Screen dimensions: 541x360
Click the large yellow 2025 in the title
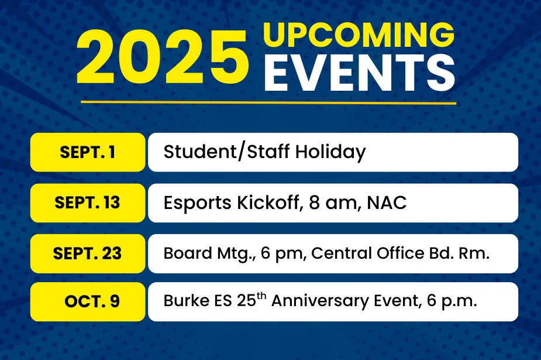162,57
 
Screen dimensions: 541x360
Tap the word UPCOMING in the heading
359,35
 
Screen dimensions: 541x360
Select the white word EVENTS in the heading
360,73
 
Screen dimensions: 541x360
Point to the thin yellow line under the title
268,102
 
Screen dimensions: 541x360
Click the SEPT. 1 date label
88,152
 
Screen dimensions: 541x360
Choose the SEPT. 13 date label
87,203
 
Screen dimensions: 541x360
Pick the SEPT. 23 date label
87,253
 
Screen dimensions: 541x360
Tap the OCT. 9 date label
92,301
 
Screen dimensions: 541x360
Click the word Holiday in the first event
330,152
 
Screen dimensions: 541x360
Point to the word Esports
197,203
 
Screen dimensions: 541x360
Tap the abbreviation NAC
387,203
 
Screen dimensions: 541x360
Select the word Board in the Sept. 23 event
188,253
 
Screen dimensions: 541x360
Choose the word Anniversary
320,301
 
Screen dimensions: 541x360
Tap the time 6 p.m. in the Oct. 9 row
452,301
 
